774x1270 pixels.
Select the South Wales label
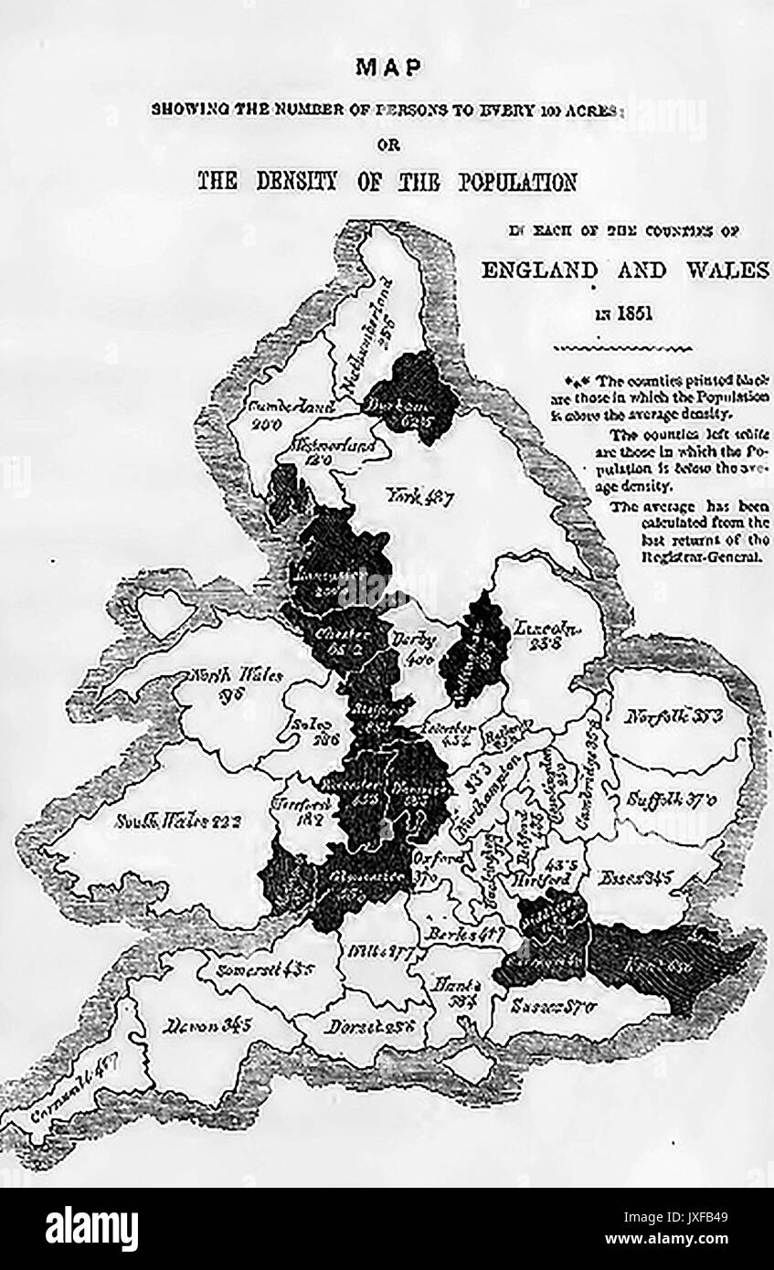(177, 820)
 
